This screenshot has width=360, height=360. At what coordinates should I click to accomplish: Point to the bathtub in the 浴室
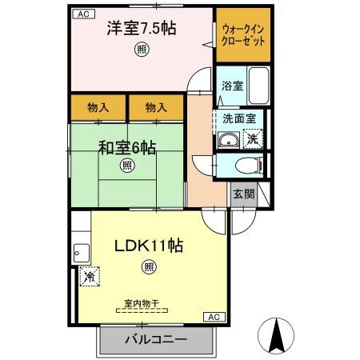click(x=258, y=82)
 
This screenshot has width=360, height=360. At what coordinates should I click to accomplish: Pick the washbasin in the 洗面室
click(x=228, y=142)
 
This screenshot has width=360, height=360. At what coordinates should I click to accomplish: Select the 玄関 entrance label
click(x=243, y=193)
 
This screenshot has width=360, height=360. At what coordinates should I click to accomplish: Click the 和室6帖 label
click(x=127, y=147)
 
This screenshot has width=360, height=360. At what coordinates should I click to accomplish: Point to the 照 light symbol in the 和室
click(x=126, y=166)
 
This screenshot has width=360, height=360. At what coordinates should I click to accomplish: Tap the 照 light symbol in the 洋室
click(x=142, y=49)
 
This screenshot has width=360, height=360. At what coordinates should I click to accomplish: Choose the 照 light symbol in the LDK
click(x=149, y=266)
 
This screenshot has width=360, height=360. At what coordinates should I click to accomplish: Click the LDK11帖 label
click(x=149, y=246)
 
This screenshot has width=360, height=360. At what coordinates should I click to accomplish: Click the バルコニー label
click(x=156, y=340)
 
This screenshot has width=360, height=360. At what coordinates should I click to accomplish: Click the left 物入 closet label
click(x=98, y=106)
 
